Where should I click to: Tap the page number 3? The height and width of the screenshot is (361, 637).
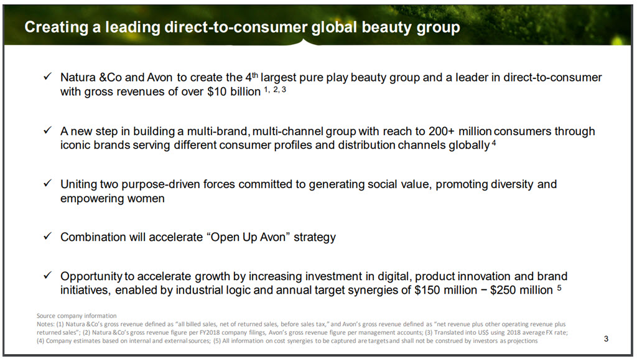[606, 339]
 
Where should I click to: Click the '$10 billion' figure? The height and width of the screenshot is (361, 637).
[234, 91]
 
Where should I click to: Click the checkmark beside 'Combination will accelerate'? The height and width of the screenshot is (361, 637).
[47, 236]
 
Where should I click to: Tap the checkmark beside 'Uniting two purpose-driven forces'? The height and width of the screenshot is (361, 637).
[47, 184]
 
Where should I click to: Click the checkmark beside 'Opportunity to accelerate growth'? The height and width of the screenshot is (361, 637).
[47, 275]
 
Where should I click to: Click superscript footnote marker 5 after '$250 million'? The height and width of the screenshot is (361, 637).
[559, 287]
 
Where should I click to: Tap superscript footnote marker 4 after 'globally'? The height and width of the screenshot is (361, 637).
[494, 143]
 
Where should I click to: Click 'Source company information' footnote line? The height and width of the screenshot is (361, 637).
[77, 316]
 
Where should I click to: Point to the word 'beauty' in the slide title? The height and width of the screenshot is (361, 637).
[386, 27]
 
